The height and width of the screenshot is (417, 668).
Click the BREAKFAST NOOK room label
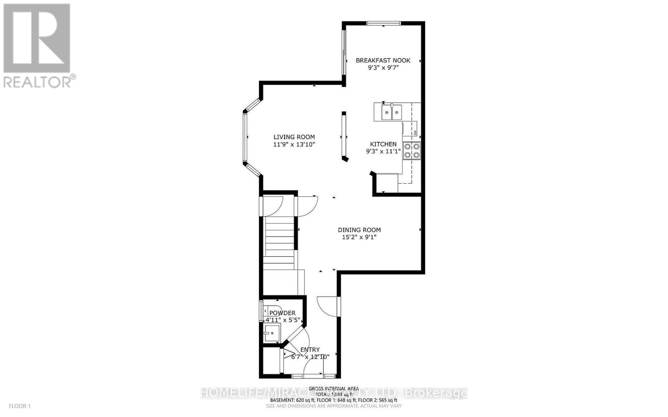[x=383, y=60]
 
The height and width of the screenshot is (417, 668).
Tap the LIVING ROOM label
[x=294, y=137]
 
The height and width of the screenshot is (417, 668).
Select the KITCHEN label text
[x=383, y=144]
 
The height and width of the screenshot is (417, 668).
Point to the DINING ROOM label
[x=359, y=230]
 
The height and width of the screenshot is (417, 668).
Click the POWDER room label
[x=282, y=313]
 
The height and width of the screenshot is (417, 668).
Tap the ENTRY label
[x=310, y=350]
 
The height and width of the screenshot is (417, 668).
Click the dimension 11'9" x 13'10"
[x=294, y=144]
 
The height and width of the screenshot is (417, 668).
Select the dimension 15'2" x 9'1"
[x=359, y=237]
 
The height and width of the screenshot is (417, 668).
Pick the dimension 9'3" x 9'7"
[x=383, y=67]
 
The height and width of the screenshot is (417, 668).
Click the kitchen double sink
[x=392, y=112]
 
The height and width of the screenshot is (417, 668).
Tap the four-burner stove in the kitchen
[x=412, y=151]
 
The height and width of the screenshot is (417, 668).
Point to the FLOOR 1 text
[x=20, y=406]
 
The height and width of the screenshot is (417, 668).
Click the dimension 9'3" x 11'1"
[x=383, y=152]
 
